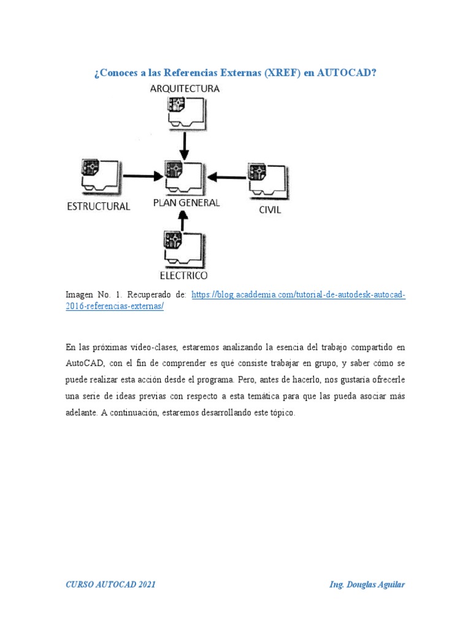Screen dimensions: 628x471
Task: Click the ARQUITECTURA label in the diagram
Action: click(185, 88)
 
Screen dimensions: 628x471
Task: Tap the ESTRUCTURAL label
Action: click(98, 206)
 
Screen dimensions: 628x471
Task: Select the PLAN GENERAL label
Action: click(186, 203)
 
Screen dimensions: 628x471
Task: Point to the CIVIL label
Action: click(269, 210)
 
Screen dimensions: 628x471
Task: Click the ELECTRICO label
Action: click(183, 275)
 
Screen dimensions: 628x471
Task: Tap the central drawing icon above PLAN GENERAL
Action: click(183, 177)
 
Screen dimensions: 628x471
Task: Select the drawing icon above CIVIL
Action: click(265, 180)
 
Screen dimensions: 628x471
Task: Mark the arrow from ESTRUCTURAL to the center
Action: click(140, 177)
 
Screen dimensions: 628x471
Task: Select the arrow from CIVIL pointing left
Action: click(226, 178)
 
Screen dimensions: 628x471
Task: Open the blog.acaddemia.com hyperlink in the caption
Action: click(298, 295)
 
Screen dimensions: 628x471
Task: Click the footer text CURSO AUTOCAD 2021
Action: click(110, 585)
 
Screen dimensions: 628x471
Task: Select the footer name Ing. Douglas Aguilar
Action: click(367, 585)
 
